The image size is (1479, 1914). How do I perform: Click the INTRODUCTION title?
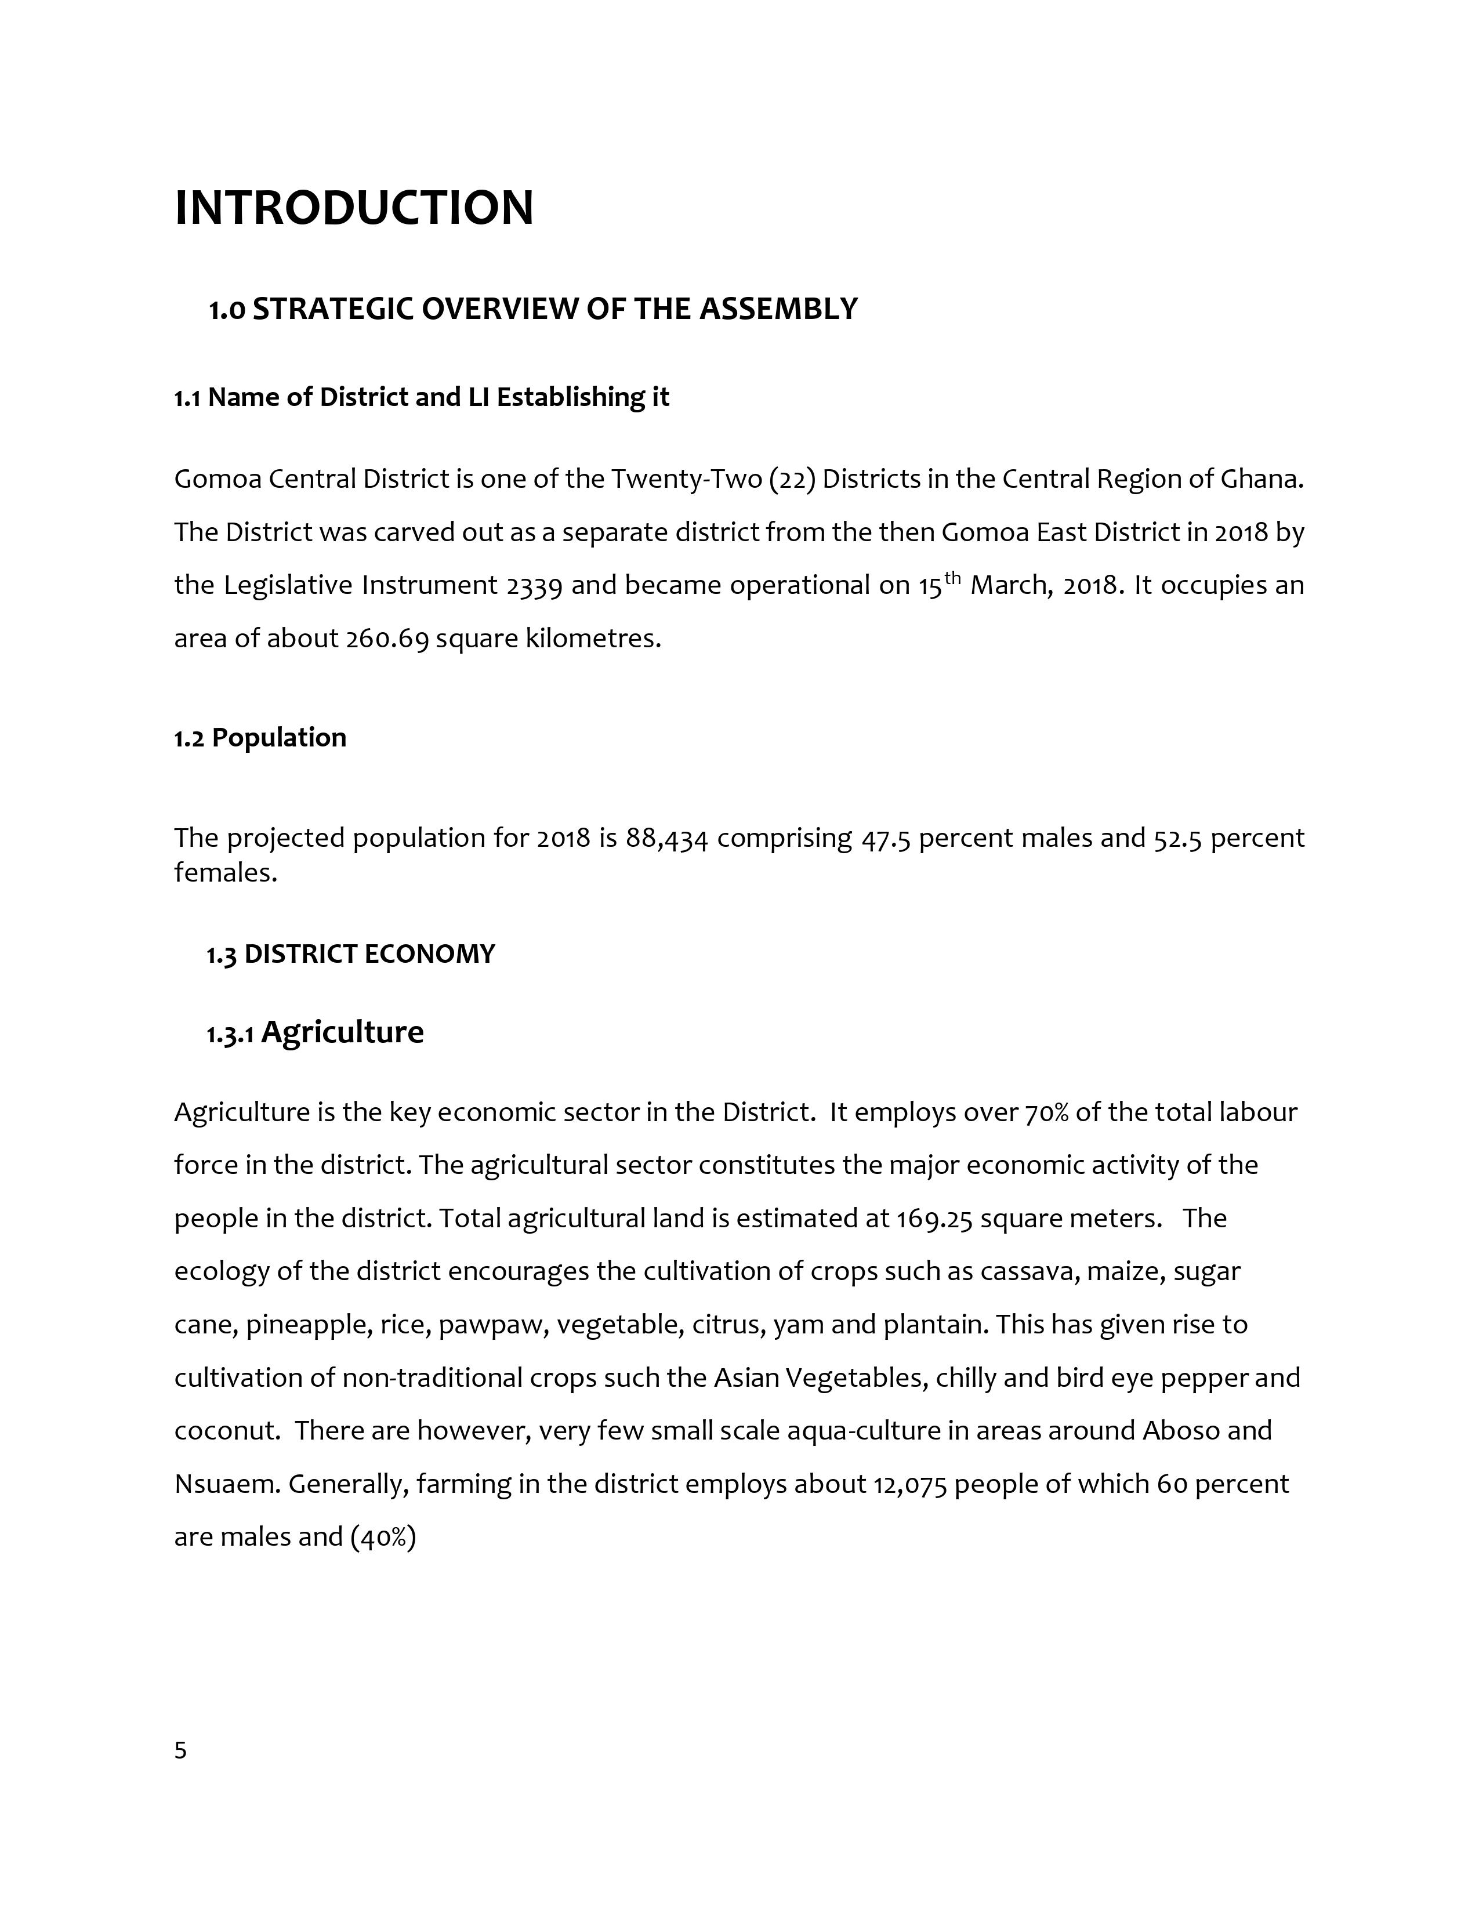354,209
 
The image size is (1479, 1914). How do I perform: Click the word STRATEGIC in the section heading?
332,309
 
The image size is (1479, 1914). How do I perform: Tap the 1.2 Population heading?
260,738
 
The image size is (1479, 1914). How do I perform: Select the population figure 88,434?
667,839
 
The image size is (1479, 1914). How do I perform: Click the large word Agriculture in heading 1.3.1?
343,1032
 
